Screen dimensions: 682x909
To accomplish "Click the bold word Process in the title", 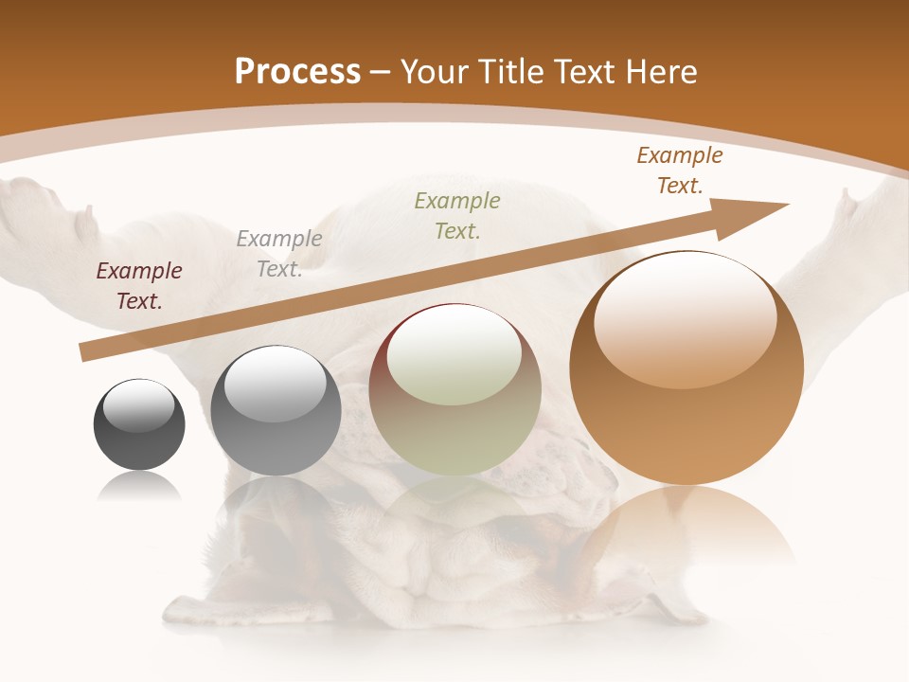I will point(297,72).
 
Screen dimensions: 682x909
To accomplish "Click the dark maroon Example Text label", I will point(139,286).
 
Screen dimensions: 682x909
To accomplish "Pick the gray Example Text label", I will point(279,254).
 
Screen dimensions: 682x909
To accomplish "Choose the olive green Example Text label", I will point(457,215).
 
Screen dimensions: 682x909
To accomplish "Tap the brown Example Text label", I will point(680,170).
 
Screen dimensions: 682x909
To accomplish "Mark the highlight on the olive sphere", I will point(454,355).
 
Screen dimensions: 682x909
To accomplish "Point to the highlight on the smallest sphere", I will point(139,405).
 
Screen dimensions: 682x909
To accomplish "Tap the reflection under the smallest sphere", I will point(139,487).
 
